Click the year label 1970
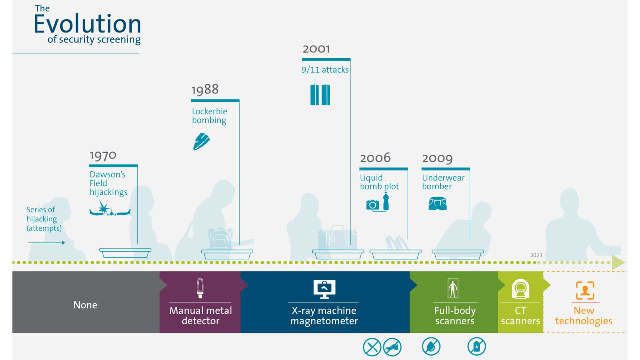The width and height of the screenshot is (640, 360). pos(103,155)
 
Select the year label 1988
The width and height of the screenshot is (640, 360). pos(205,89)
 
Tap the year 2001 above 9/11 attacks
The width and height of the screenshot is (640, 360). pos(316,49)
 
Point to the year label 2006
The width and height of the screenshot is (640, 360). pos(375,158)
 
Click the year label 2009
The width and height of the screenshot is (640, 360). pos(437,158)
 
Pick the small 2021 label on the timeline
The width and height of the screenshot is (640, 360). pos(536,255)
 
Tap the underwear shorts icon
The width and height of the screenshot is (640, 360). pos(437,203)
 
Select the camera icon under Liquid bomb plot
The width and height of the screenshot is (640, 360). pos(372,205)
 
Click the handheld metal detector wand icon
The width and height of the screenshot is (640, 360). pos(200,288)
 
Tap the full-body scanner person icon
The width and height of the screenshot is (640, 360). pos(453,288)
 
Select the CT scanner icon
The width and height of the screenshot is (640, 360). pos(520,289)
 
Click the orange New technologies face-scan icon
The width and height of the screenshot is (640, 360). pos(585,290)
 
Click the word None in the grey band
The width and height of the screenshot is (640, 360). pos(85,305)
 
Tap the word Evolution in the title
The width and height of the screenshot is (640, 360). pos(87,24)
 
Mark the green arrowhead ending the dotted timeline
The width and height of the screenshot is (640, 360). pos(618,263)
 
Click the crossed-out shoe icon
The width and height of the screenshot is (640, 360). pos(392,347)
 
